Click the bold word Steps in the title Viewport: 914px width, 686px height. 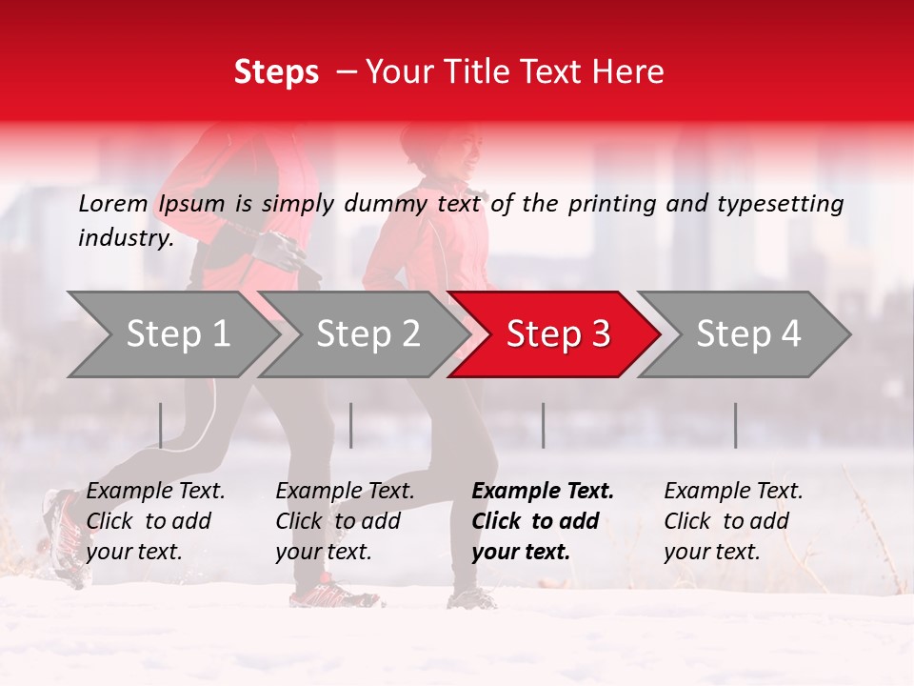276,72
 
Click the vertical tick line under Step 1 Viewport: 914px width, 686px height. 161,425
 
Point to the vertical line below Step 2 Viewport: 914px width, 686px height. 351,425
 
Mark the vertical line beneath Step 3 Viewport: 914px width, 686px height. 544,425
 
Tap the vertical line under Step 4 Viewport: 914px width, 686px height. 735,425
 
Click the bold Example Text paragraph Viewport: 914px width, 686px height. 543,521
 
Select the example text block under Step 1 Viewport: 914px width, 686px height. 155,521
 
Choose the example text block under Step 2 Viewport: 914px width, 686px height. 345,521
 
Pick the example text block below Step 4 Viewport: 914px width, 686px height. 733,521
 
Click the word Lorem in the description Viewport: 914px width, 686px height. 112,203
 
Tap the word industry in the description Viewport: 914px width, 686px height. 126,238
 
